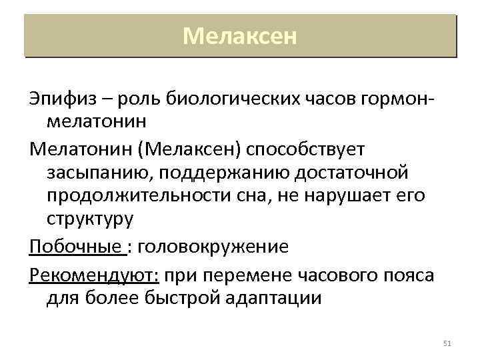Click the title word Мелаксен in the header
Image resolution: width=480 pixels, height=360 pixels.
coord(239,35)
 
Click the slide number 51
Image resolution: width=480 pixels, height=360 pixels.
coord(447,343)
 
